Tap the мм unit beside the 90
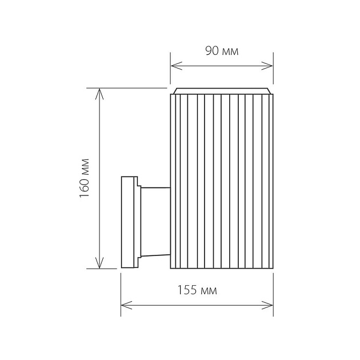coord(230,51)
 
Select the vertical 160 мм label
coord(85,178)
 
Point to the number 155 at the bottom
coord(188,290)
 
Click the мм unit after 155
coord(209,291)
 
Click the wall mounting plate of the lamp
coord(129,222)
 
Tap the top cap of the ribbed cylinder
coord(222,91)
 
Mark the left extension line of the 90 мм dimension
coord(170,71)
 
